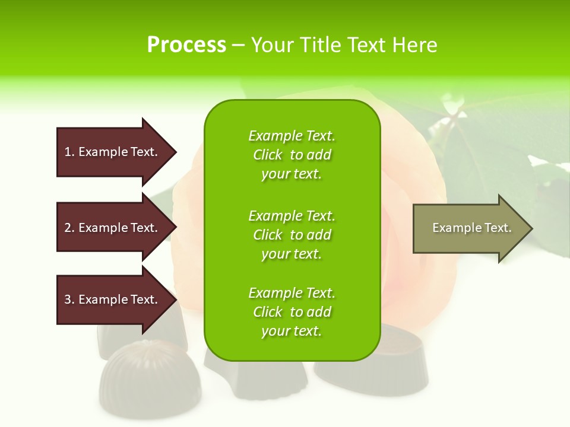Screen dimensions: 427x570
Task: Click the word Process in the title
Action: pos(186,45)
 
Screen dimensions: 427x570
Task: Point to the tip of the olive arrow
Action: pos(530,228)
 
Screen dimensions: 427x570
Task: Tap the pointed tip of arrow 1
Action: pos(175,152)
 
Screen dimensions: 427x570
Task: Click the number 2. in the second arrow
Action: pos(69,228)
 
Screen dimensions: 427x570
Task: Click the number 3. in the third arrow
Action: pos(69,299)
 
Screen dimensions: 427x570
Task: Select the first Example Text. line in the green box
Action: pos(292,136)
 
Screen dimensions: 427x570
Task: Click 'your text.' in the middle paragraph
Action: pos(292,254)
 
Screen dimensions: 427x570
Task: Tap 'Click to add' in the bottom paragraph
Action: pos(292,312)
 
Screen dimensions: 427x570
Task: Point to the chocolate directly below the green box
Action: pos(255,377)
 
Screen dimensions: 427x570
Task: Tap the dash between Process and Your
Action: pos(238,45)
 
